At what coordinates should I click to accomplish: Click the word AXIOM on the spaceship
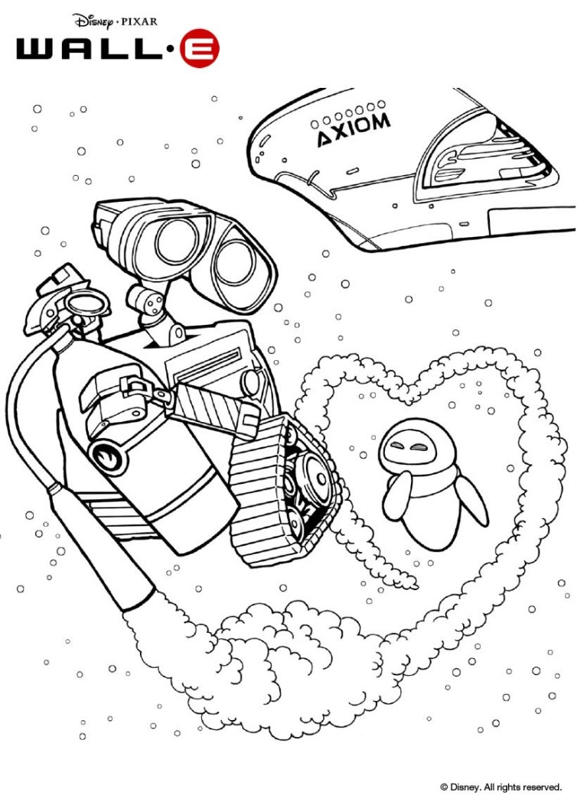(x=354, y=129)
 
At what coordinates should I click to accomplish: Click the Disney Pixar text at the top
(x=115, y=21)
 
